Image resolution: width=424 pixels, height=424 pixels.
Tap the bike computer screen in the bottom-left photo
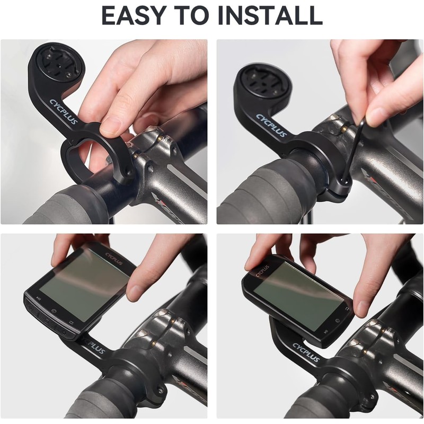point(82,287)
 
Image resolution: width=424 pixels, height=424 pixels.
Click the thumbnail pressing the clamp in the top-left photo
point(112,126)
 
